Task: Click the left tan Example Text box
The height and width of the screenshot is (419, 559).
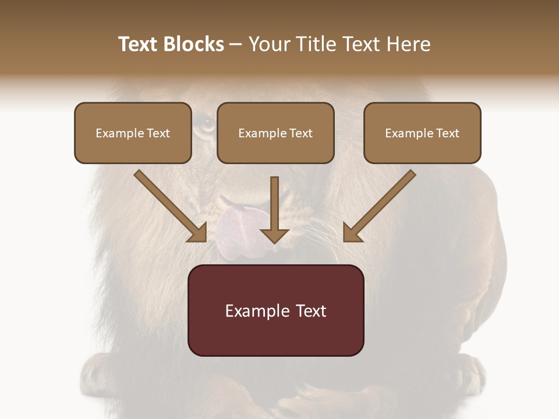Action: (133, 133)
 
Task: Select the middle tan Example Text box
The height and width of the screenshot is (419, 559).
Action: (275, 133)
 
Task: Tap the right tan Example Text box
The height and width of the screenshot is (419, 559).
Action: (422, 133)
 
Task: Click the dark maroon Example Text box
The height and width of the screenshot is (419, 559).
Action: (275, 310)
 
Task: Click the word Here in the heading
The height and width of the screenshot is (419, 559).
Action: (409, 44)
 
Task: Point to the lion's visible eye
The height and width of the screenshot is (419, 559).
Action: (204, 123)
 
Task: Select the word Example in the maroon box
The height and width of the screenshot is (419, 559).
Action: (256, 311)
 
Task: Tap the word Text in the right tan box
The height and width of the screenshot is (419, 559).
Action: (447, 133)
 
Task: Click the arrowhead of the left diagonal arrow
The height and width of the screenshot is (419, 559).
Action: (198, 233)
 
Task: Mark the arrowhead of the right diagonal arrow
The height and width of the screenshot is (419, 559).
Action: (352, 233)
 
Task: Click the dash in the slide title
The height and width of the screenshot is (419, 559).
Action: (236, 44)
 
